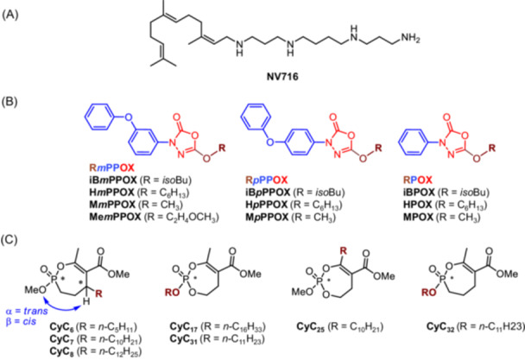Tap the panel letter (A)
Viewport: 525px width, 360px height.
click(12, 8)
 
